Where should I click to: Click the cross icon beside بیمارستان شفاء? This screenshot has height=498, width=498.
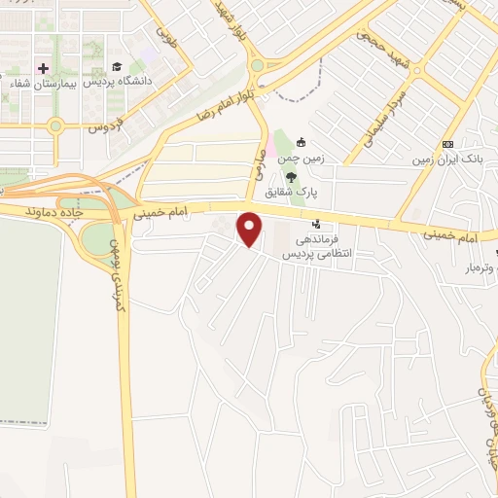[x=42, y=69]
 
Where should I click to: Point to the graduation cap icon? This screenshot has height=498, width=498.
[x=116, y=68]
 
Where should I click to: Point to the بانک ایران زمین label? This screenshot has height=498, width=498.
[x=447, y=157]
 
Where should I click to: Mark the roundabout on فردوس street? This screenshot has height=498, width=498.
[x=55, y=125]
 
